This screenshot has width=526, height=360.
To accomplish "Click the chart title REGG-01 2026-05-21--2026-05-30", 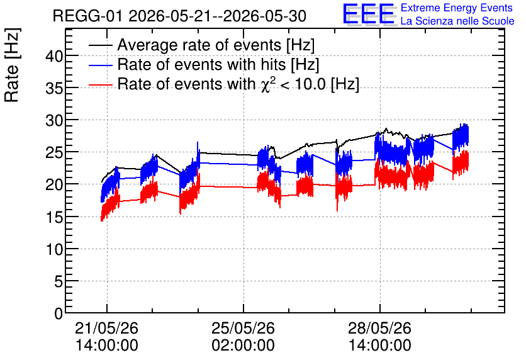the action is (x=179, y=16).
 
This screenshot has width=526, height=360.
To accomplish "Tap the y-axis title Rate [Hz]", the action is (x=12, y=65).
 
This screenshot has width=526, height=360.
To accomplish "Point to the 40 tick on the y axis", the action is (x=54, y=56).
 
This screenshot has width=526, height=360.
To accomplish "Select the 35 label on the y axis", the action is (x=54, y=88).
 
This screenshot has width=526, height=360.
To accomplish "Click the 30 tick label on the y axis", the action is (x=54, y=120).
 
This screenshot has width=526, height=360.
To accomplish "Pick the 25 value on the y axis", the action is (x=54, y=152).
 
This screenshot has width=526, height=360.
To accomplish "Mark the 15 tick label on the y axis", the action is (x=54, y=217).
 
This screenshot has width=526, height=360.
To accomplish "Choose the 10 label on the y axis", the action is (x=54, y=249).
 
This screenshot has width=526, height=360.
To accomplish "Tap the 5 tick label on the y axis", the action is (x=59, y=281).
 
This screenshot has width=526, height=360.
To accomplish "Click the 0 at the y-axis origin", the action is (x=59, y=313).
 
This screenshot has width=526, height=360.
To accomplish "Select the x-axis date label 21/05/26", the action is (x=107, y=328).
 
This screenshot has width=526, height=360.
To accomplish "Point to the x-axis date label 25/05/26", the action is (x=243, y=328).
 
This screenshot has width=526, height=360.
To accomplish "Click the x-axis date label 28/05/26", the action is (x=380, y=328).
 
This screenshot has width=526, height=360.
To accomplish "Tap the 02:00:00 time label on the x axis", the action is (x=243, y=346).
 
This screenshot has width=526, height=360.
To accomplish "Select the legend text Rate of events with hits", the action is (x=201, y=64).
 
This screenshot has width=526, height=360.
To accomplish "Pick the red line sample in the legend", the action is (x=101, y=85).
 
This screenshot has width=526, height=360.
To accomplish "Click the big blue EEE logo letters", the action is (x=369, y=14).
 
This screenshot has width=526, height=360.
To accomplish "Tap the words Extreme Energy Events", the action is (x=457, y=8).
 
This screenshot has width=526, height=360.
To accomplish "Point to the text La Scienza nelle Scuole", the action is (x=457, y=21).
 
